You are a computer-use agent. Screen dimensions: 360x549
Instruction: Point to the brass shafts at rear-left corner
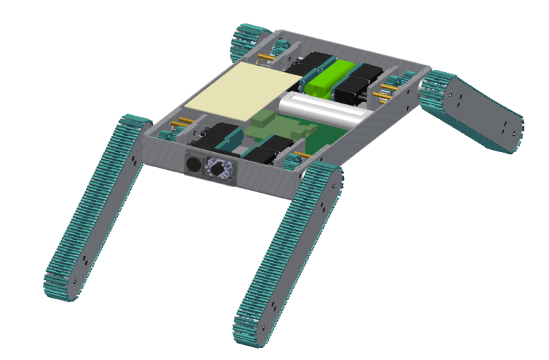pyautogui.click(x=268, y=56)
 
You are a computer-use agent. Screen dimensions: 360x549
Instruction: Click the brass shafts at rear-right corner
pyautogui.click(x=390, y=89)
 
